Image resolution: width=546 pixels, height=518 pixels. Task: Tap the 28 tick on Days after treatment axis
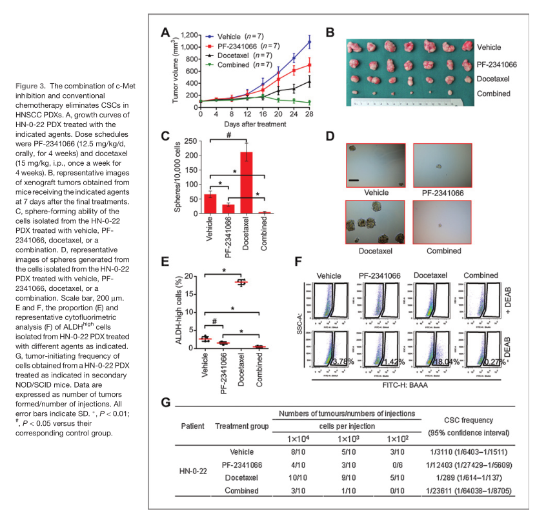click(309, 113)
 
